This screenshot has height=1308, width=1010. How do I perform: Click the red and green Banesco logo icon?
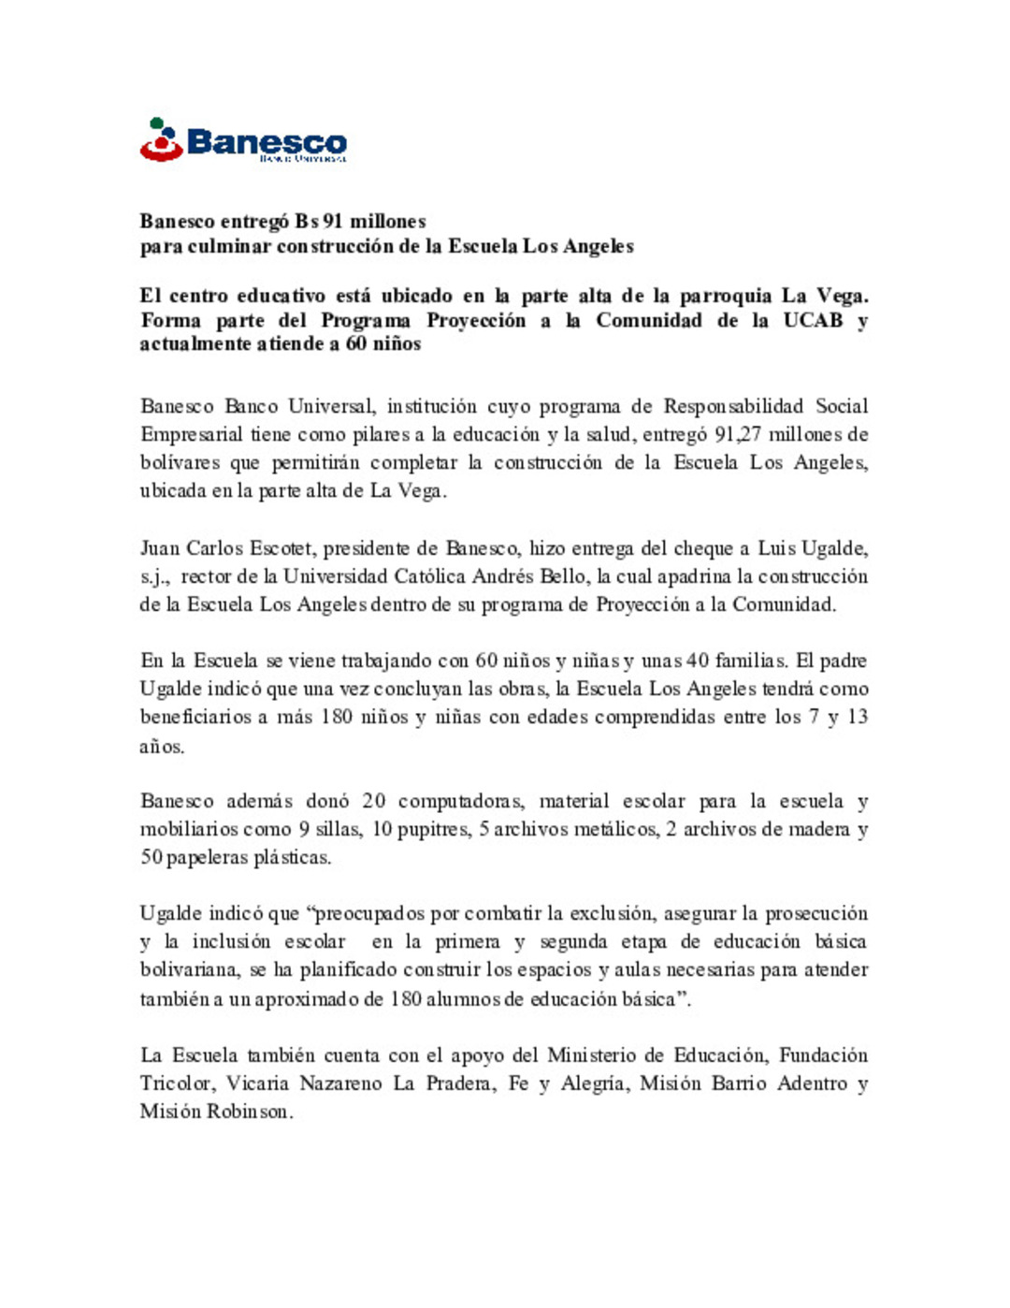[161, 140]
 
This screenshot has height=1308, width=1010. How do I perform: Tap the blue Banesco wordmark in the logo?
[267, 142]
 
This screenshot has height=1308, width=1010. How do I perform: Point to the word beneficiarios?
[194, 717]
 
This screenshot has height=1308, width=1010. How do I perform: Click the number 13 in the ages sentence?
[857, 717]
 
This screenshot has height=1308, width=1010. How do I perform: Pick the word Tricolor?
[176, 1083]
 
